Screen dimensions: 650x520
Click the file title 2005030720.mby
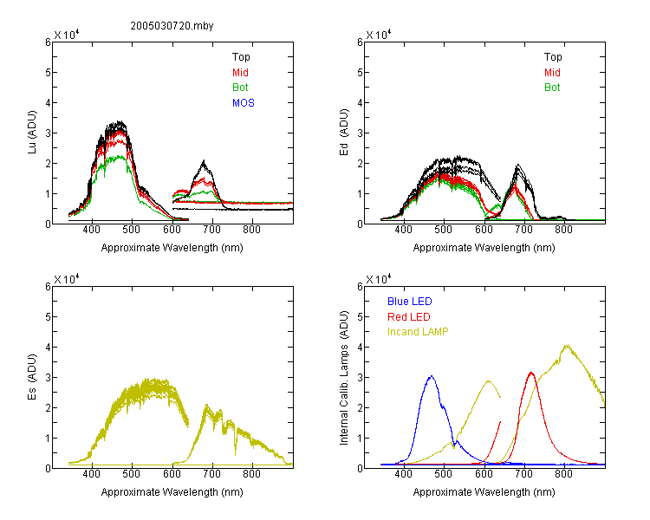[x=172, y=26]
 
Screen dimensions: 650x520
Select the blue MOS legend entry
[x=244, y=103]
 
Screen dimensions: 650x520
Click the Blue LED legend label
[x=410, y=302]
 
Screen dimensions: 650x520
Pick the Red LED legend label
[x=409, y=317]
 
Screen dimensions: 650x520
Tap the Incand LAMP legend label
[x=418, y=332]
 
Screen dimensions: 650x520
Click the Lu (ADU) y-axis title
[x=32, y=133]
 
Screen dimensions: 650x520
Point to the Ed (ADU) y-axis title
[x=344, y=133]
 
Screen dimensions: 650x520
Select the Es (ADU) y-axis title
[x=32, y=377]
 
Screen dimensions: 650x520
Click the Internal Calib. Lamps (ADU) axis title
[x=344, y=378]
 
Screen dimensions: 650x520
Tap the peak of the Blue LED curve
[x=432, y=376]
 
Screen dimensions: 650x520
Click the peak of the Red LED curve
[x=531, y=374]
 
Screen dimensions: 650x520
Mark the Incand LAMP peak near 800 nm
[x=566, y=346]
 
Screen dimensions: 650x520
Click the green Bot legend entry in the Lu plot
[x=240, y=88]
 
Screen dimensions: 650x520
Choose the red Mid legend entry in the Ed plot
[x=552, y=73]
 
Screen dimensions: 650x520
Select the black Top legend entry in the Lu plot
[x=241, y=57]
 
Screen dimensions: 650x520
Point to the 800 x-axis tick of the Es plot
[x=251, y=474]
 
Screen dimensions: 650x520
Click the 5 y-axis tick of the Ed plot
[x=360, y=73]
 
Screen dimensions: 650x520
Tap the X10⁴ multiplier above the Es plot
[x=67, y=279]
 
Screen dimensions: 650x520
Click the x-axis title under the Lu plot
[x=172, y=248]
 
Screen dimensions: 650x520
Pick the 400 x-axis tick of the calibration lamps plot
[x=403, y=474]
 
